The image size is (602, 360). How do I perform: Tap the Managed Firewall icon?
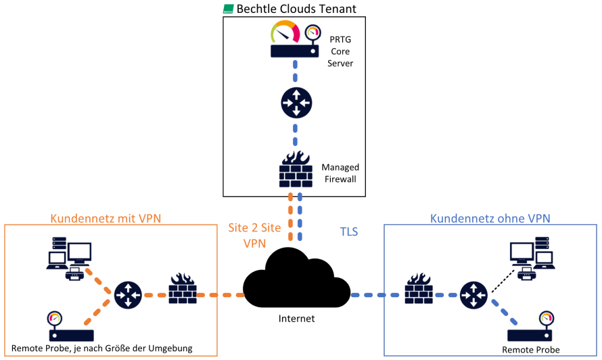296,168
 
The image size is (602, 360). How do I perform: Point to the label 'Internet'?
296,318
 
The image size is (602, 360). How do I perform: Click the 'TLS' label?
349,231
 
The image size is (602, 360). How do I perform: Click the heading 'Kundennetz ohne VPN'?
490,218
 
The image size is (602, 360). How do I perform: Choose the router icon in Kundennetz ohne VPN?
473,295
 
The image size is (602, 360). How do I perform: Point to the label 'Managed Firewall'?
340,173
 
